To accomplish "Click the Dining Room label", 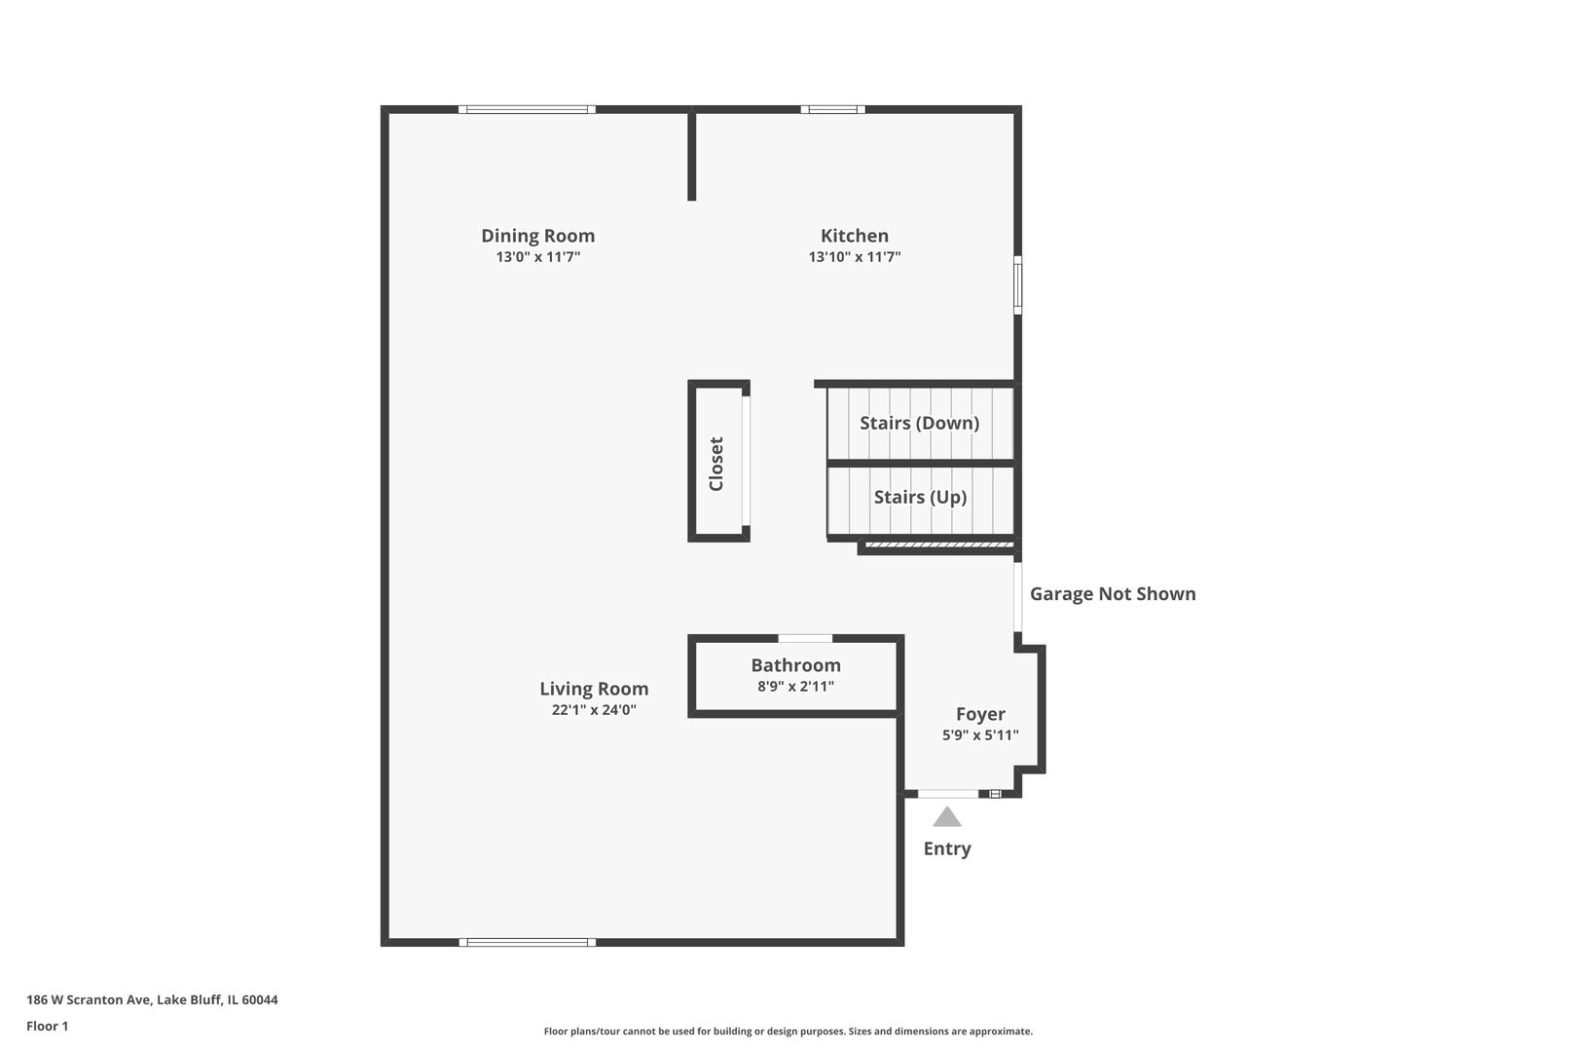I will tap(537, 236).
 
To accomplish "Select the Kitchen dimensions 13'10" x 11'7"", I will tap(854, 257).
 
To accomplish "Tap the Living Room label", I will tap(594, 689).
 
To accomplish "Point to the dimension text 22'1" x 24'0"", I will tap(594, 710).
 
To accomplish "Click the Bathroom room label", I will tap(795, 665).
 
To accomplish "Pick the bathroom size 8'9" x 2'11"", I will tap(795, 686).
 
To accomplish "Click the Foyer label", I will tap(980, 714).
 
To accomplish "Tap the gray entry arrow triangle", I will tap(946, 817).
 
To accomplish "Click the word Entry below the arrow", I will tap(946, 848).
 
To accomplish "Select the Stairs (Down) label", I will tap(919, 423).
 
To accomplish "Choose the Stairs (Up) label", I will tap(920, 497).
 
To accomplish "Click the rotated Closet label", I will tap(716, 464).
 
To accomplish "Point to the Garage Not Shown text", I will tap(1113, 594).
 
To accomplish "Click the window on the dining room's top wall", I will tap(527, 109).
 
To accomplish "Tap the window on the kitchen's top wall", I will tap(832, 109).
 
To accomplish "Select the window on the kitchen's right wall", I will tap(1018, 284).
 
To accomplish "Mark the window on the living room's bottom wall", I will tap(527, 942).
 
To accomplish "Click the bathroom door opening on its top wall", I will tap(805, 638).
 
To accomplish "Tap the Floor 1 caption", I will tap(47, 1026).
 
